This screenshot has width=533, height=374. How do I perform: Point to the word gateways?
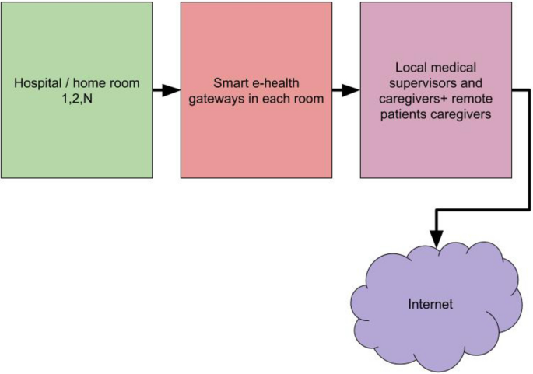pyautogui.click(x=216, y=98)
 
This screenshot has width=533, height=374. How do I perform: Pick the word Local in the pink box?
pyautogui.click(x=409, y=68)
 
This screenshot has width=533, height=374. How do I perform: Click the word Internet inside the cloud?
pyautogui.click(x=430, y=304)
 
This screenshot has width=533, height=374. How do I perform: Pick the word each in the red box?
pyautogui.click(x=273, y=98)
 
